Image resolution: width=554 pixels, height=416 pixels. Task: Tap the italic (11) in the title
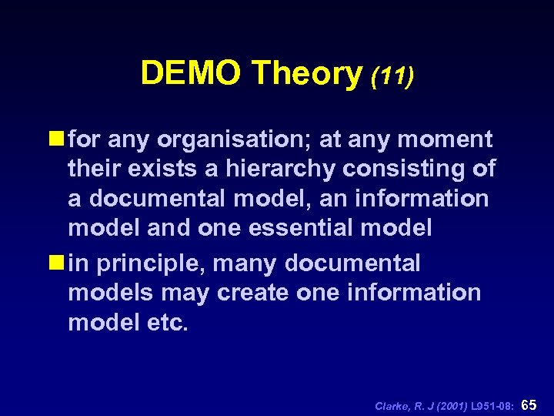click(392, 75)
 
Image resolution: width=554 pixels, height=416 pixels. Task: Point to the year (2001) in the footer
click(452, 404)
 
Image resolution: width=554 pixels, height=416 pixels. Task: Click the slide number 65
click(529, 404)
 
